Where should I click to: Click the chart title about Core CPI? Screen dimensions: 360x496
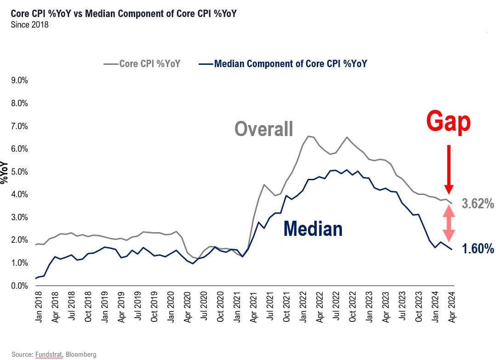pyautogui.click(x=124, y=14)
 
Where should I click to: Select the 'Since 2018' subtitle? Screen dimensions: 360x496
pyautogui.click(x=29, y=25)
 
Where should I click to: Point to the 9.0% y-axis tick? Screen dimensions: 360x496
pyautogui.click(x=18, y=80)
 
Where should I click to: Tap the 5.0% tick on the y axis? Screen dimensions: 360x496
pyautogui.click(x=18, y=172)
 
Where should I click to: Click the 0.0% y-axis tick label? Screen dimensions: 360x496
pyautogui.click(x=18, y=286)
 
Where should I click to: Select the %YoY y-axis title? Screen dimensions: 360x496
pyautogui.click(x=5, y=172)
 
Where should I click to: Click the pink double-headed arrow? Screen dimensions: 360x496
pyautogui.click(x=449, y=223)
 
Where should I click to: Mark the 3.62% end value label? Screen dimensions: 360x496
pyautogui.click(x=478, y=204)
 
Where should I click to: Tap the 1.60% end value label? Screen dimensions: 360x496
pyautogui.click(x=478, y=250)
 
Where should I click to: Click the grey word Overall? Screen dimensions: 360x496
pyautogui.click(x=264, y=129)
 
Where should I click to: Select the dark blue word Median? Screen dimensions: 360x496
pyautogui.click(x=313, y=229)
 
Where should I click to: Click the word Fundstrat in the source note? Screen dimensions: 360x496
pyautogui.click(x=49, y=354)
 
